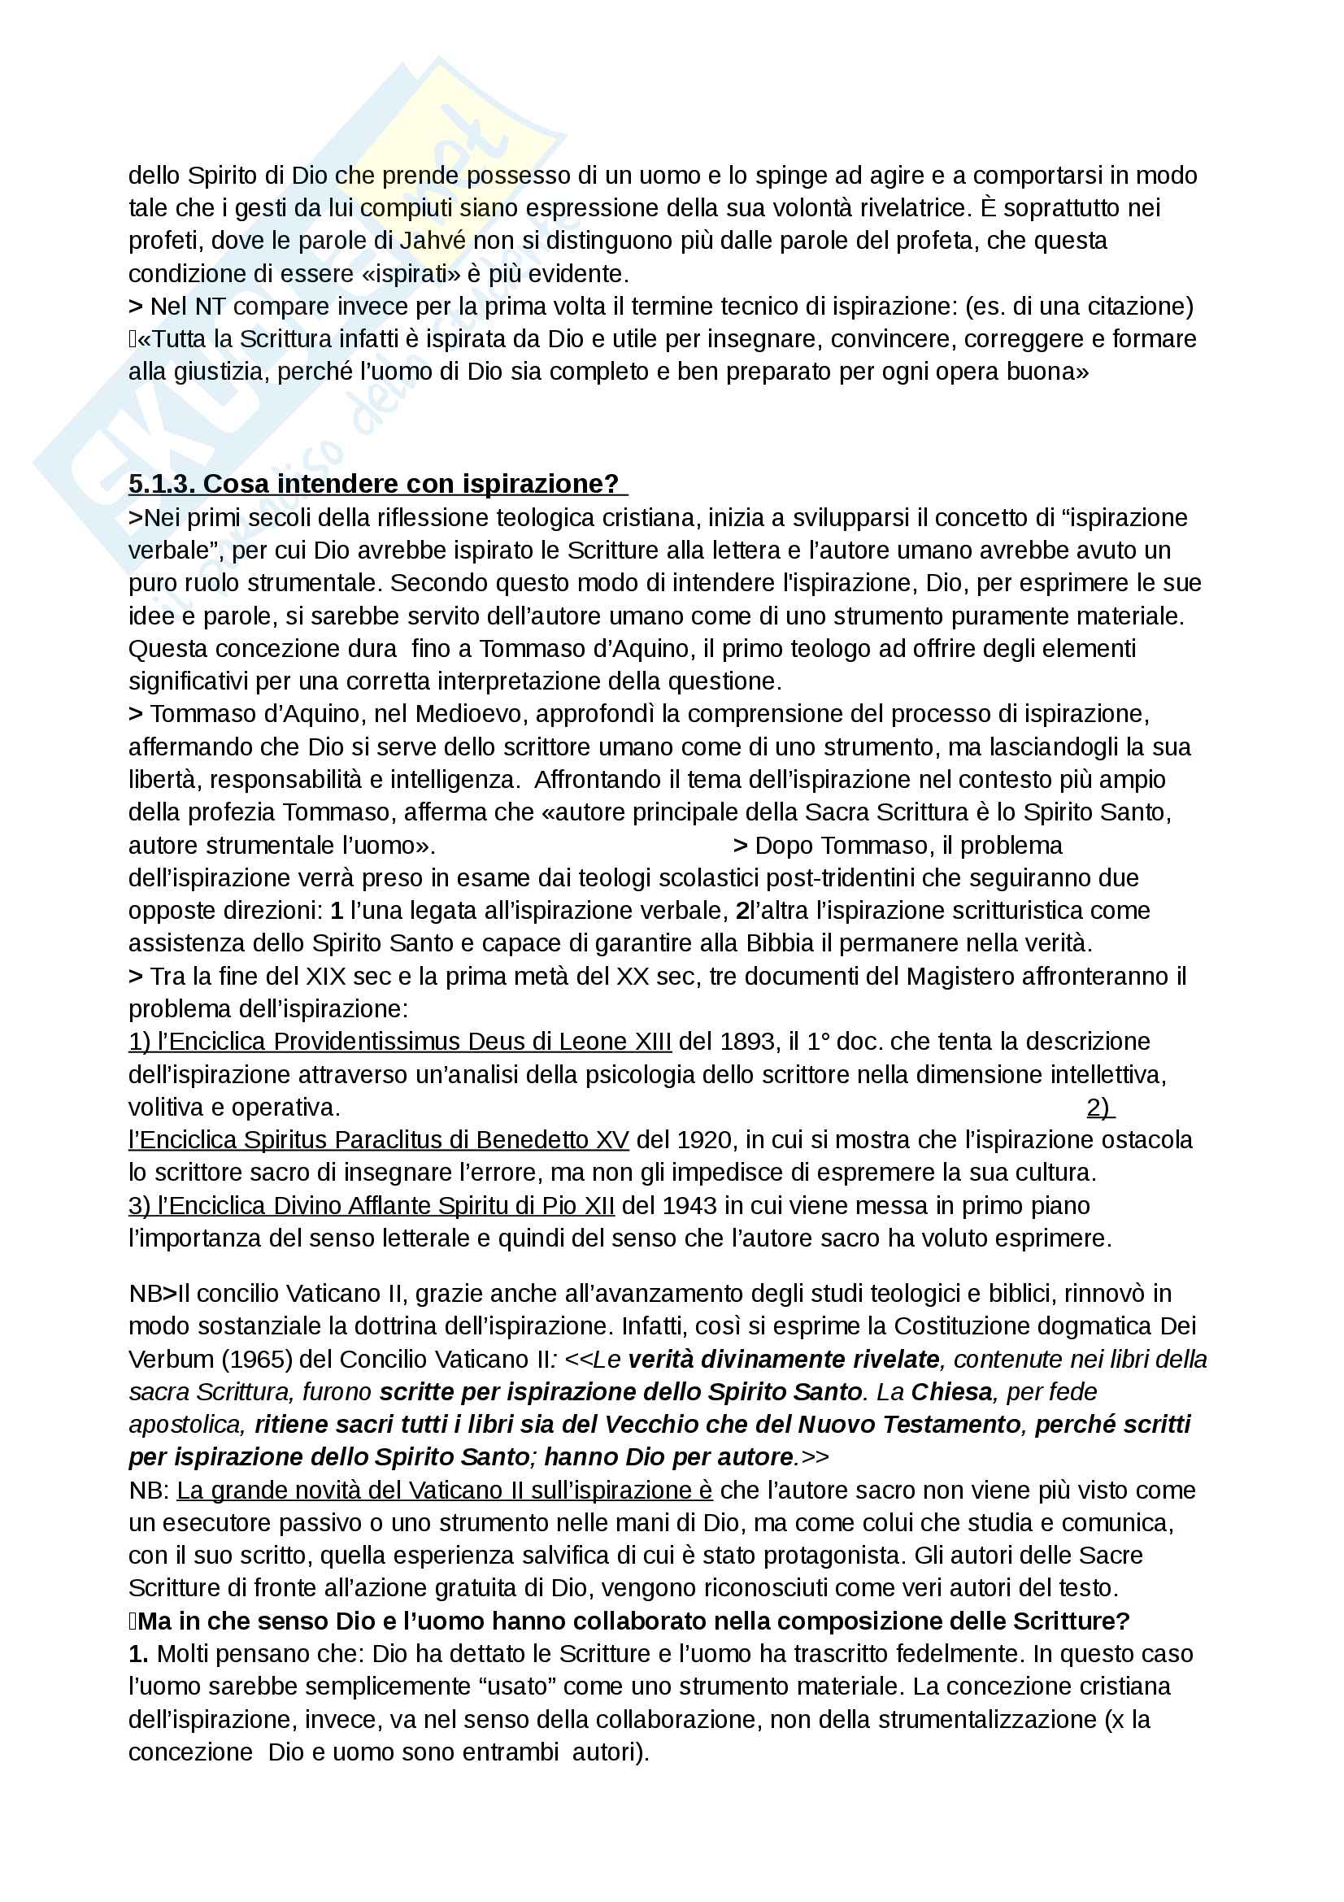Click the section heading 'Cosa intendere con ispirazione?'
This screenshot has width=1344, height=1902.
coord(410,484)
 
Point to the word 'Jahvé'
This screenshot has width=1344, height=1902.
coord(433,241)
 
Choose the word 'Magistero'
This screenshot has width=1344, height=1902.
coord(959,977)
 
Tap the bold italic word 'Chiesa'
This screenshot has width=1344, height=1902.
coord(951,1392)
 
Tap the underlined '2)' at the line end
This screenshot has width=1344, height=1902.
coord(1099,1108)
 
